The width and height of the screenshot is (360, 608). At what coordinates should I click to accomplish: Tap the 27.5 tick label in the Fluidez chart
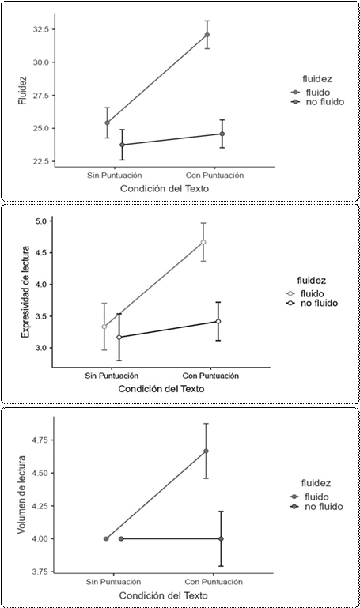(x=40, y=96)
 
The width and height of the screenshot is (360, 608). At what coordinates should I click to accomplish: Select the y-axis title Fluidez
(x=22, y=90)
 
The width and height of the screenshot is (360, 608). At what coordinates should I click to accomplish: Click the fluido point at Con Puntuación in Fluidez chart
(x=207, y=35)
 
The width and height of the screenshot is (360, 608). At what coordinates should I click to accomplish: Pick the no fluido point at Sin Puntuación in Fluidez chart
(x=122, y=145)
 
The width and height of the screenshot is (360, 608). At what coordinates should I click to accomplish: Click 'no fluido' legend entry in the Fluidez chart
(x=318, y=102)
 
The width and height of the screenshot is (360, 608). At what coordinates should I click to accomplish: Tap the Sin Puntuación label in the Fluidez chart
(x=114, y=176)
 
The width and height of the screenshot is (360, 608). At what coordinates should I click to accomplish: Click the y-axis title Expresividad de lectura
(x=25, y=292)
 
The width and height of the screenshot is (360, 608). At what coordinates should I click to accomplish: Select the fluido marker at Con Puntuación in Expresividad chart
(x=203, y=243)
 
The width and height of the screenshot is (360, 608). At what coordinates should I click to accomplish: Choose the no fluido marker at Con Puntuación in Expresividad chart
(x=218, y=322)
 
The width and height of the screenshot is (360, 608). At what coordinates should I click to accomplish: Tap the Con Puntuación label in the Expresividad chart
(x=210, y=376)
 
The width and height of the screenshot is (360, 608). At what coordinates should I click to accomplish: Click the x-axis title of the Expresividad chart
(x=161, y=389)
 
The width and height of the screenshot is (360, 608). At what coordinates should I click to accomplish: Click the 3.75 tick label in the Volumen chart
(x=40, y=572)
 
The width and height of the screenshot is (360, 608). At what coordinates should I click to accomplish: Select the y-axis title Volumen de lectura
(x=22, y=495)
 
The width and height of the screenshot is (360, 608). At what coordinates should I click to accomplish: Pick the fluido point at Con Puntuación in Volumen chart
(x=206, y=451)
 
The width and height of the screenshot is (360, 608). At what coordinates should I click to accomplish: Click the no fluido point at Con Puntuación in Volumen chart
(x=221, y=539)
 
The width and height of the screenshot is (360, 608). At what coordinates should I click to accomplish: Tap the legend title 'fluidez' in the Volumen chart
(x=316, y=484)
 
